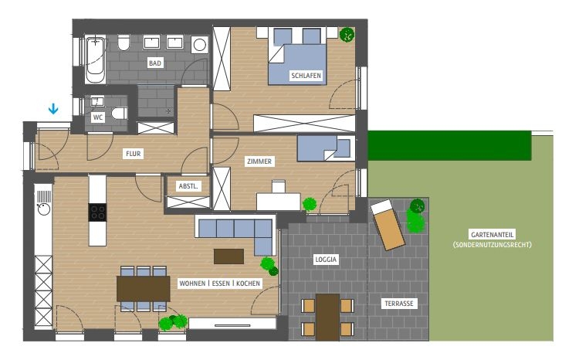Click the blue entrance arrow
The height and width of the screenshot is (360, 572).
click(x=53, y=108)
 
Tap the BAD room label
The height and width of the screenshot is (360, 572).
click(x=155, y=63)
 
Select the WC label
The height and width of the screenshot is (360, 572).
click(x=98, y=117)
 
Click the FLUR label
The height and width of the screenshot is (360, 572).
click(x=133, y=154)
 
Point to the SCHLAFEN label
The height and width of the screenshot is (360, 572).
click(x=306, y=76)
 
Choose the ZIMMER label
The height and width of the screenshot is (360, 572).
click(x=259, y=161)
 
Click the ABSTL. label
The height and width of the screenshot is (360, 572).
click(x=188, y=186)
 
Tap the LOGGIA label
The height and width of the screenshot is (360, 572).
click(x=326, y=260)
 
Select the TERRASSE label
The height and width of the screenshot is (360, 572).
click(x=399, y=304)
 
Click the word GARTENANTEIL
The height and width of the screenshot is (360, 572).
click(x=492, y=235)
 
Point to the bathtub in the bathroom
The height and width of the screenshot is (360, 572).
click(x=95, y=59)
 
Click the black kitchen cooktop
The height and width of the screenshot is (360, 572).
click(x=97, y=212)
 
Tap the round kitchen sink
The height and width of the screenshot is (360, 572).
click(x=44, y=209)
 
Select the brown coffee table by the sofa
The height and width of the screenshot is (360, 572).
click(x=228, y=256)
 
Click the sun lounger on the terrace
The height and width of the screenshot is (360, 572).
click(x=388, y=226)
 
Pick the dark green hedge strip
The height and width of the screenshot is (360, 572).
click(x=449, y=146)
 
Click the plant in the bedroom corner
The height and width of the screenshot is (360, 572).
click(x=347, y=35)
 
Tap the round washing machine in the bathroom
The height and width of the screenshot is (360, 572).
click(x=199, y=45)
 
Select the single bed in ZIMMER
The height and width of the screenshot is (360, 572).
click(x=326, y=148)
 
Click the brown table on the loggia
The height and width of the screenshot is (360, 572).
click(x=327, y=317)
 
